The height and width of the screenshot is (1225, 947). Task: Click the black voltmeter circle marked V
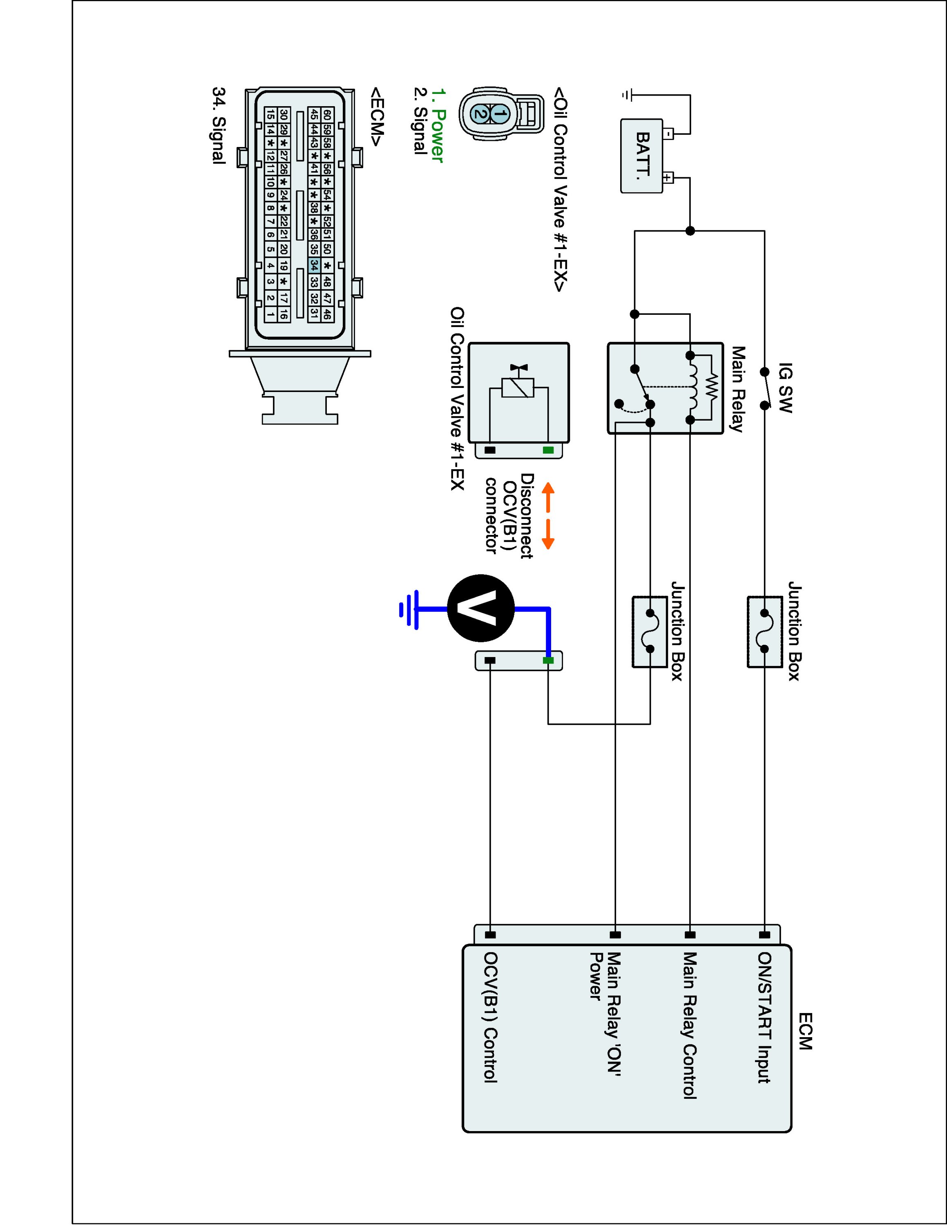[x=481, y=608]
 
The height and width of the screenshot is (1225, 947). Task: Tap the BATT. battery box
[x=642, y=156]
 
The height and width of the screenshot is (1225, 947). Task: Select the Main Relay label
[x=737, y=389]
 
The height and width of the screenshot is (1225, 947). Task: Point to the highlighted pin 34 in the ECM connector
[x=314, y=265]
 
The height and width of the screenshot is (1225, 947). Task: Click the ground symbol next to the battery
[x=627, y=96]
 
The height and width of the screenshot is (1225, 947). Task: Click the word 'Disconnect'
[x=527, y=516]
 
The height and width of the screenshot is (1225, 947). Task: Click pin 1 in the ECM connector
[x=270, y=315]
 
